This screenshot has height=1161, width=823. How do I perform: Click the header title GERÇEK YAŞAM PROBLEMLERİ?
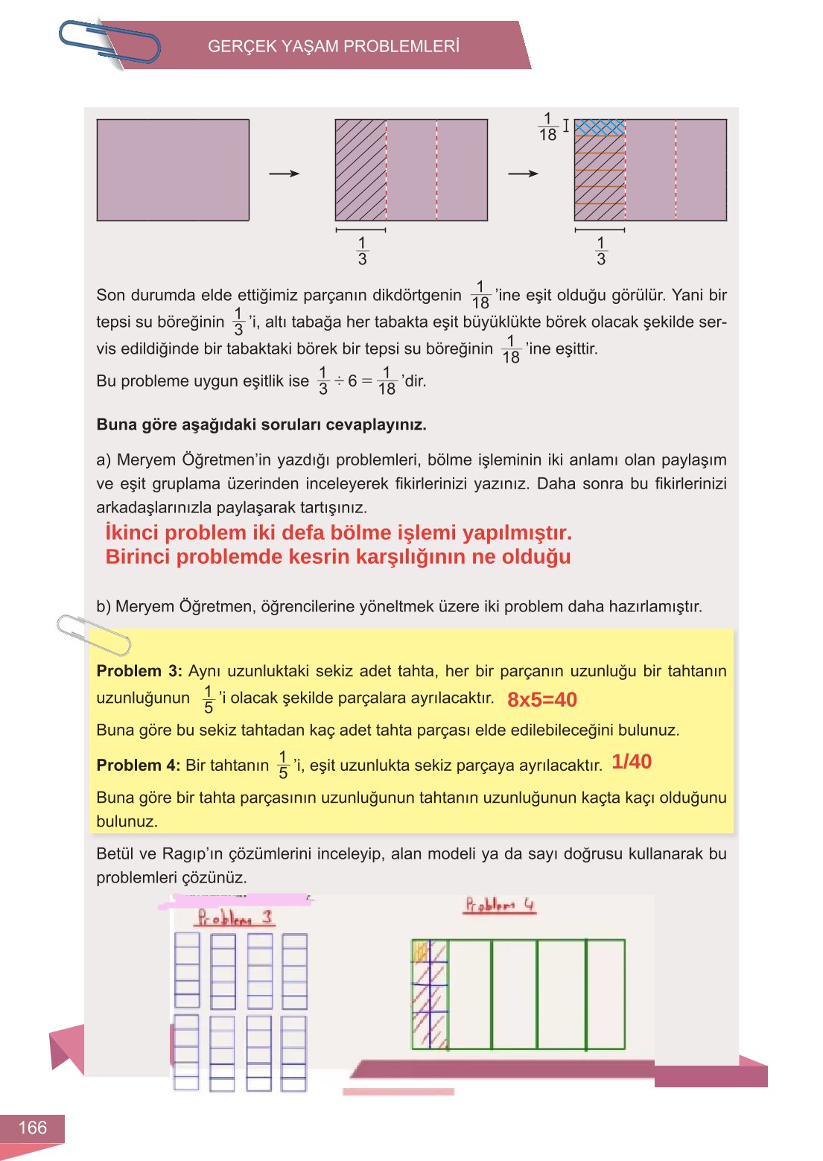[x=333, y=46]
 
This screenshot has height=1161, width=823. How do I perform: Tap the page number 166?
[x=32, y=1127]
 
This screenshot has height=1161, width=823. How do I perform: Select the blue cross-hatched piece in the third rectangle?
[x=600, y=128]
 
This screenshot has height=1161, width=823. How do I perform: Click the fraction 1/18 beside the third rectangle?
[x=547, y=127]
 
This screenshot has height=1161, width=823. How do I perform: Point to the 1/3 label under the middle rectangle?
[x=362, y=251]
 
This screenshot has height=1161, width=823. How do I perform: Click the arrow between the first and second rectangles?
[x=284, y=174]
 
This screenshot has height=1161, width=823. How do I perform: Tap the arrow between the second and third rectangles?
[x=523, y=174]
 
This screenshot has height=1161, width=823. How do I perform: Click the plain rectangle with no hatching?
[x=173, y=170]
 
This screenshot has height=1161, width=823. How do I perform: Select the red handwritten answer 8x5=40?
[x=541, y=699]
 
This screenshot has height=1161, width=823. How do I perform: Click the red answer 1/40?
[x=632, y=761]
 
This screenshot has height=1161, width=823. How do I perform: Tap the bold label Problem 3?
[x=139, y=671]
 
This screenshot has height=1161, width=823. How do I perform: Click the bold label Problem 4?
[x=139, y=766]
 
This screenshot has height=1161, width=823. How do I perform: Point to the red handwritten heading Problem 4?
[x=500, y=906]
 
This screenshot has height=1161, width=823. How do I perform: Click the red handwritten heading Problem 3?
[x=234, y=917]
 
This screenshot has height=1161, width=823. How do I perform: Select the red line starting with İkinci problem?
[x=338, y=532]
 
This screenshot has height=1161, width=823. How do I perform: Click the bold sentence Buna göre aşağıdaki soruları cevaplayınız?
[x=261, y=425]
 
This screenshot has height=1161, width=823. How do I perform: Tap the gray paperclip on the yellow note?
[x=93, y=634]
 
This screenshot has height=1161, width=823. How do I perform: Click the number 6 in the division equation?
[x=352, y=381]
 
